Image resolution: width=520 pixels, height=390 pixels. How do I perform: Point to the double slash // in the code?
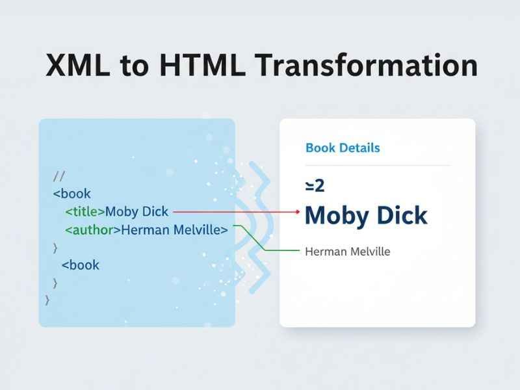point(58,176)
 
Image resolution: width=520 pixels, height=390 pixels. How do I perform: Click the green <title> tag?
point(84,212)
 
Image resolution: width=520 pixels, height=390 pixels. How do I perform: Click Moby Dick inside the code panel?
point(136,212)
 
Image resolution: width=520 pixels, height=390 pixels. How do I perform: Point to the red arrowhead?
point(297,212)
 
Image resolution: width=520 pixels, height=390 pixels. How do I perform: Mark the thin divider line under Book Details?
point(377,165)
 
